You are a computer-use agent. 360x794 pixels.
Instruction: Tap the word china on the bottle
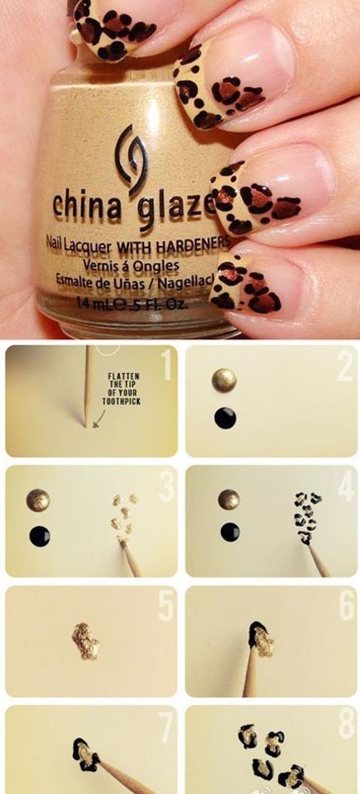click(85, 203)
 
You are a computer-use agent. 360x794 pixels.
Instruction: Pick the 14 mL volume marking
click(93, 303)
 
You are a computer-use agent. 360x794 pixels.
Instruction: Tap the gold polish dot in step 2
click(224, 380)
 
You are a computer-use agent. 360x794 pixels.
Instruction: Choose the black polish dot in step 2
click(225, 418)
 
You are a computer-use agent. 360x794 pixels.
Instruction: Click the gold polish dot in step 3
click(37, 500)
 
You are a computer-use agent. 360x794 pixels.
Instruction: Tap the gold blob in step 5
click(84, 642)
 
